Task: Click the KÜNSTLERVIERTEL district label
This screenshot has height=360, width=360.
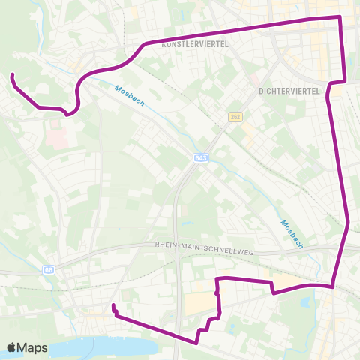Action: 193,44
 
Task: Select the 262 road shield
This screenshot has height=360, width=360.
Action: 235,117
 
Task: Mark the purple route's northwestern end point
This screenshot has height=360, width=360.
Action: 12,74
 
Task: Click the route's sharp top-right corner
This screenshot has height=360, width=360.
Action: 340,16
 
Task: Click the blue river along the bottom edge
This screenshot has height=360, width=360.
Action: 112,347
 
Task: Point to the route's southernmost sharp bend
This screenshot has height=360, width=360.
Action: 196,343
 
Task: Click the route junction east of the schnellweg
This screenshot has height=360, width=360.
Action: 332,285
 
